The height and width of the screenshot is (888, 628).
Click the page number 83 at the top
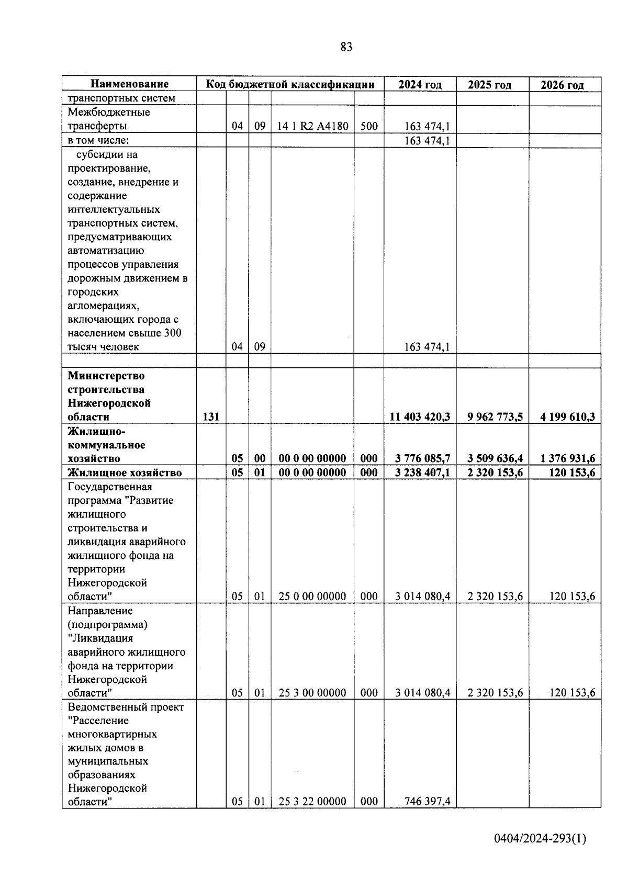(346, 47)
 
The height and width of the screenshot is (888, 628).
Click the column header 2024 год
(420, 85)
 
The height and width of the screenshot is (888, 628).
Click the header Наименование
(129, 84)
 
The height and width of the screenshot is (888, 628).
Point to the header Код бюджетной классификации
(290, 84)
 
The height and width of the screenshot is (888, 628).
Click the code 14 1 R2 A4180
(312, 126)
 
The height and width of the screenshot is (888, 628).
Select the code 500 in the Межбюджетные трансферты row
(369, 126)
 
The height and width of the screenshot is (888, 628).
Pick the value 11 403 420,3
(420, 417)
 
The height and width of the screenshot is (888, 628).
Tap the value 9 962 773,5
(492, 417)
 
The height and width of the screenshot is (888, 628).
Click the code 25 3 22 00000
(312, 801)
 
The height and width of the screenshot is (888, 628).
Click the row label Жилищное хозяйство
(125, 473)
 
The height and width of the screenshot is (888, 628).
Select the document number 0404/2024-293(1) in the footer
(540, 839)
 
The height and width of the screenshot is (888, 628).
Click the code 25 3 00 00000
(312, 693)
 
